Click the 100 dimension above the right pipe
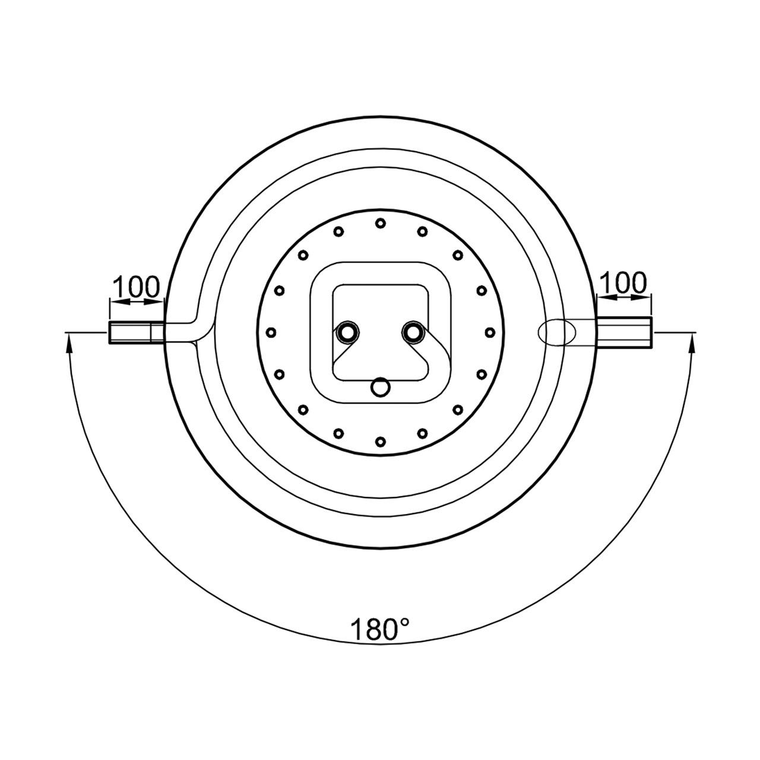tap(623, 283)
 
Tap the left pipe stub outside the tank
tap(136, 333)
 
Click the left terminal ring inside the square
tap(347, 333)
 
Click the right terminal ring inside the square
tap(413, 333)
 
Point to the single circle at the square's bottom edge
tap(381, 387)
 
